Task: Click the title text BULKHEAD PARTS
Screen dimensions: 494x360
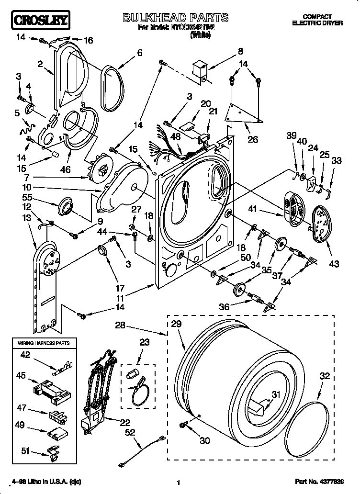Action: [x=176, y=18]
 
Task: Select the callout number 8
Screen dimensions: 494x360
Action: [x=240, y=51]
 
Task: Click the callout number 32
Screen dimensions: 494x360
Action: [x=325, y=377]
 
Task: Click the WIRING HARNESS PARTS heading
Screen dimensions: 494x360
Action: [x=44, y=343]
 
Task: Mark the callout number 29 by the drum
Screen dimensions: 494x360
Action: [x=176, y=324]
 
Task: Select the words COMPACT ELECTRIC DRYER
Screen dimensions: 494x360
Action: [x=317, y=20]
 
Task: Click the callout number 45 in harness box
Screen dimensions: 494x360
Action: [x=22, y=376]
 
